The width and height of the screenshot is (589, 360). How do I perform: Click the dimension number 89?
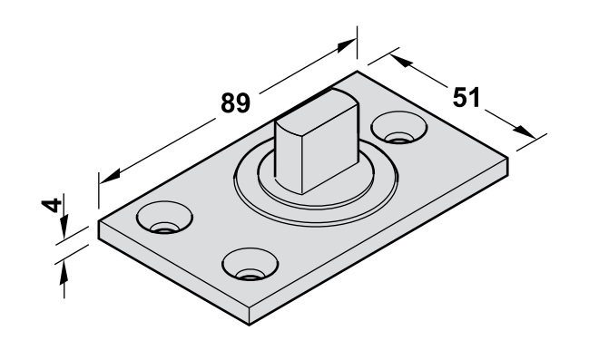tap(236, 102)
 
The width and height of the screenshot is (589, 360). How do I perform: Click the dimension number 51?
tap(466, 97)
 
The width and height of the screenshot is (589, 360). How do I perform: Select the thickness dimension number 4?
tap(52, 205)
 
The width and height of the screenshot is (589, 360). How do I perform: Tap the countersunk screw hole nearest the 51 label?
tap(399, 128)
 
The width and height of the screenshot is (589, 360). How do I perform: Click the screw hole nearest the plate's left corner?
tap(164, 218)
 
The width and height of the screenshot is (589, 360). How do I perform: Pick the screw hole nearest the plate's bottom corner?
tap(250, 264)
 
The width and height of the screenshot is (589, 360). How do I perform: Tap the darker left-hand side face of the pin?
tap(289, 157)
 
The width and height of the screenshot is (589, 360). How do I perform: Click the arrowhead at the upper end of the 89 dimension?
tap(346, 45)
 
